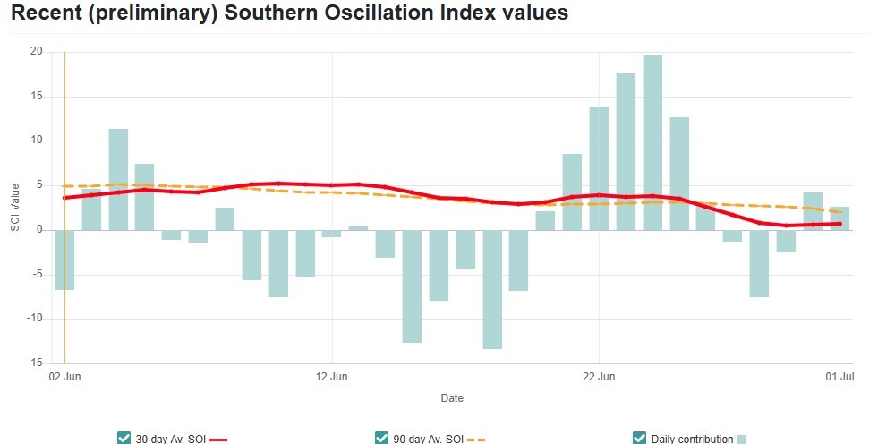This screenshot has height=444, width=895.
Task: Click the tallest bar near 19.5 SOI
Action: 652,143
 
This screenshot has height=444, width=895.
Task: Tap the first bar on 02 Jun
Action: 64,260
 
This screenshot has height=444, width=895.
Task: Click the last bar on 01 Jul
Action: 840,218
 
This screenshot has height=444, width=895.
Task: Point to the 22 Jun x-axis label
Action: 598,377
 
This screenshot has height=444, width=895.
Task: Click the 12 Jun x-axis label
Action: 331,377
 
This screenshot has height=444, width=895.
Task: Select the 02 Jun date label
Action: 64,377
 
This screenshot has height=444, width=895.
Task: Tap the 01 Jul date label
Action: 839,377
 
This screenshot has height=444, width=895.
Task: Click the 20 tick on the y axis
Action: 37,52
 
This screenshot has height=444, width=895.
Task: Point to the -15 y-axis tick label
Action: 35,363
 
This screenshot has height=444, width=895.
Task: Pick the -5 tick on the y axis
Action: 37,275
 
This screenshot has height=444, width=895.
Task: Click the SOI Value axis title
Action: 14,208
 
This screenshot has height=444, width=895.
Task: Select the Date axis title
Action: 452,397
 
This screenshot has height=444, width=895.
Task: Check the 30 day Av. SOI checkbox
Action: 124,438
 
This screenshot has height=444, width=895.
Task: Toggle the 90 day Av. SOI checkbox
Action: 382,438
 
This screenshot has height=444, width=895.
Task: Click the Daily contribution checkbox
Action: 639,438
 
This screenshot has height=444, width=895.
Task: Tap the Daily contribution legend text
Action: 692,439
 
